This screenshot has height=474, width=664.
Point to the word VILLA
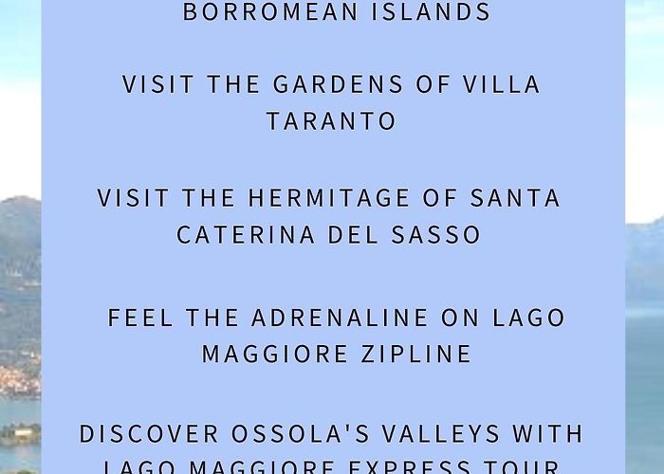(499, 84)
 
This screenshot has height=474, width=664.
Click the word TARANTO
(331, 121)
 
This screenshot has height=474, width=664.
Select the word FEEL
(139, 318)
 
